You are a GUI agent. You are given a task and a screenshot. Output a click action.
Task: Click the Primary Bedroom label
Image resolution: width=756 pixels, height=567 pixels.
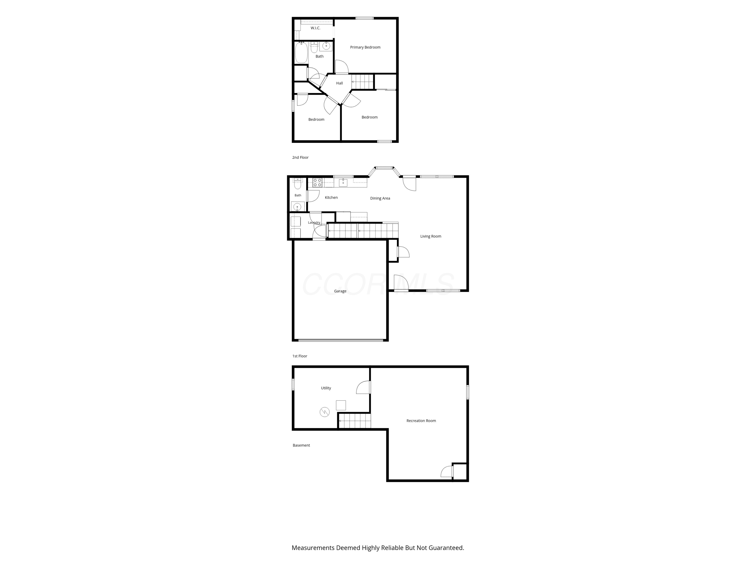pos(365,47)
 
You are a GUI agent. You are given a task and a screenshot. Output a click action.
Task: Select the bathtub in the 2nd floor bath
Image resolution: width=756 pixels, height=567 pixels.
pos(301,53)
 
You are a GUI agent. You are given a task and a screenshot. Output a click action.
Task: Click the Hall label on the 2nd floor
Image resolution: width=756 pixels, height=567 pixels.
pos(339,83)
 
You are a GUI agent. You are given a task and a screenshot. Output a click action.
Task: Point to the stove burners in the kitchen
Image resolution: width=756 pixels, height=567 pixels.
pos(318,182)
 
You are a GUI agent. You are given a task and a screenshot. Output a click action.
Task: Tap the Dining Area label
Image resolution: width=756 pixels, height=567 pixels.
pos(380,198)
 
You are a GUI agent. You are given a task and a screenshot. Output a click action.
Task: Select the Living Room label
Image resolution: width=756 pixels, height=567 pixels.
pos(431,236)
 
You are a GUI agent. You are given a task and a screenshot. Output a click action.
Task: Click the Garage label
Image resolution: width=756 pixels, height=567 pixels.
pos(340,291)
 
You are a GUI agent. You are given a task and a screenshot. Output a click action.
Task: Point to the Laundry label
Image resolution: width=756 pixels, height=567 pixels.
pos(314,223)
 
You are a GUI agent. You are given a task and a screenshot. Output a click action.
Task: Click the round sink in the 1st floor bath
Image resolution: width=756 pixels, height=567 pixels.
pos(297,207)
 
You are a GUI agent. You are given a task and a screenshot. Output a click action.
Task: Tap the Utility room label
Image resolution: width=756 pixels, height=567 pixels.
pos(326,388)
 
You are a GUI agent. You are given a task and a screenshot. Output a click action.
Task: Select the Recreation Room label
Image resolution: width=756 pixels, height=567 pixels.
pos(421,421)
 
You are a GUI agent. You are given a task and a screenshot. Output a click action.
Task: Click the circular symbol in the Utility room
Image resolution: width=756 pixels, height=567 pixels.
pos(324,412)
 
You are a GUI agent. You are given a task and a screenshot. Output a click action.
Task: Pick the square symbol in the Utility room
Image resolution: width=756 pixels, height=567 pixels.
pos(341,405)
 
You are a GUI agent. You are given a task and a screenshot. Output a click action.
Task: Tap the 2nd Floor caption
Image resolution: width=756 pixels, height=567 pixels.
pos(300,157)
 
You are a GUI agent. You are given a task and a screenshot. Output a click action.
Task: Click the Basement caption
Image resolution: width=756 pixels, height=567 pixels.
pos(301,445)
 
